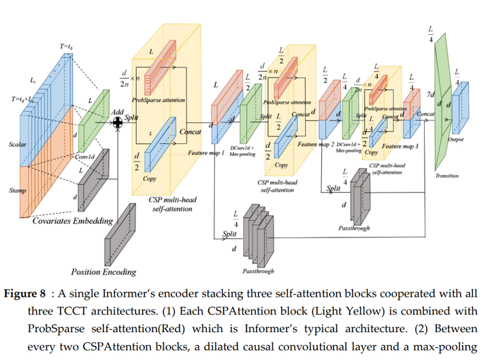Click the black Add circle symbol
[x=118, y=122]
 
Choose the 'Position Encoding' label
[x=103, y=272]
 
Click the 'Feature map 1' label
[x=208, y=154]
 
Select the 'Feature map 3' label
[x=400, y=146]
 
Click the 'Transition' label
[x=446, y=176]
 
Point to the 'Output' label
[x=456, y=138]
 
